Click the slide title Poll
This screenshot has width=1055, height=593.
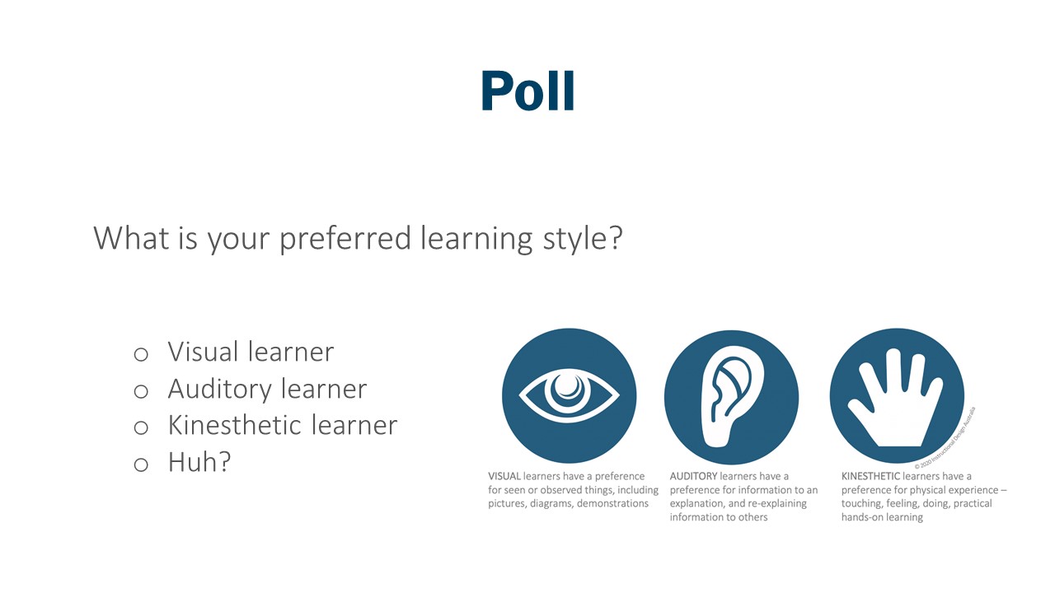coord(527,91)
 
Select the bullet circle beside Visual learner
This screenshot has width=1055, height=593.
coord(141,354)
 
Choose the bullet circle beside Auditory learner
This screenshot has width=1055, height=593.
coord(141,391)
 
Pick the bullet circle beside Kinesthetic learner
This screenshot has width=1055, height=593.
coord(141,427)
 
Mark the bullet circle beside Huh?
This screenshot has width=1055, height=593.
coord(141,465)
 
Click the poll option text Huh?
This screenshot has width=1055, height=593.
coord(199,462)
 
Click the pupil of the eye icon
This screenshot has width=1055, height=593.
coord(568,388)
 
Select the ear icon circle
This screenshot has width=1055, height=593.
coord(731,395)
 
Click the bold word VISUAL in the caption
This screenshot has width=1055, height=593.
coord(504,476)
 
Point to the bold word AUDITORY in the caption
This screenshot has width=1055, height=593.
coord(693,476)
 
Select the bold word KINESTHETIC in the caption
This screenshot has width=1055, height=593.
coord(870,476)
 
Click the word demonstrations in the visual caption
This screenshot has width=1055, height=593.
coord(611,503)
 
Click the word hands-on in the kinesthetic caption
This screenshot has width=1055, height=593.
coord(862,517)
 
